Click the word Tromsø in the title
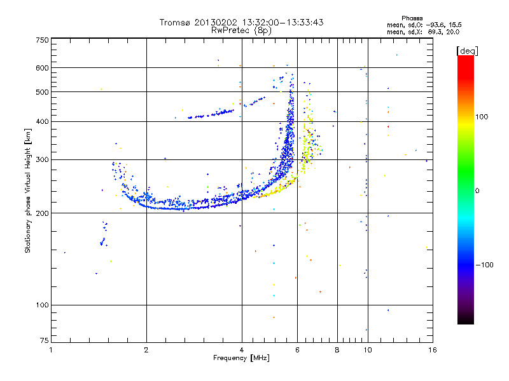(174, 22)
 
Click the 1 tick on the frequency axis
(51, 350)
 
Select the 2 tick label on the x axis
(146, 350)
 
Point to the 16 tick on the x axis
(432, 350)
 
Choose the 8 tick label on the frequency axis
(337, 350)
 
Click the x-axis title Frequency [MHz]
(241, 358)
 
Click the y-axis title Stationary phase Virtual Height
(28, 190)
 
